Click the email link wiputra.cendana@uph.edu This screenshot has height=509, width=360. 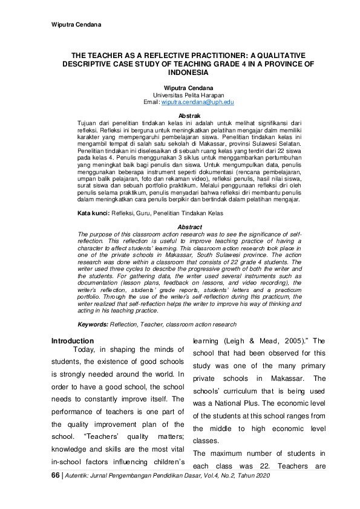(x=193, y=103)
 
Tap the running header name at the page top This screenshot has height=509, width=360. (x=75, y=24)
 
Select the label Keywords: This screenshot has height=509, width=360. (x=93, y=325)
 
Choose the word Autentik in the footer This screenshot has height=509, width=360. (x=80, y=477)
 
